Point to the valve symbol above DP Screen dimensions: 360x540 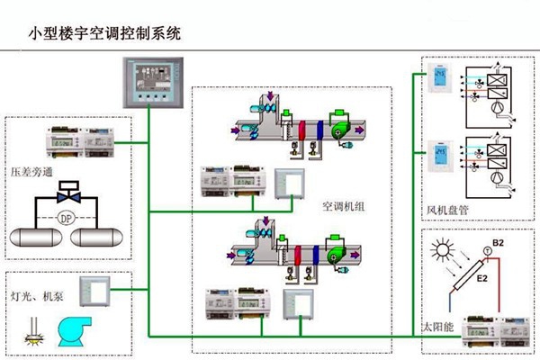(66, 192)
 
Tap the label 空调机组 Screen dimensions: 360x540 (343, 205)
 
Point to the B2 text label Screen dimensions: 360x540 (500, 243)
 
